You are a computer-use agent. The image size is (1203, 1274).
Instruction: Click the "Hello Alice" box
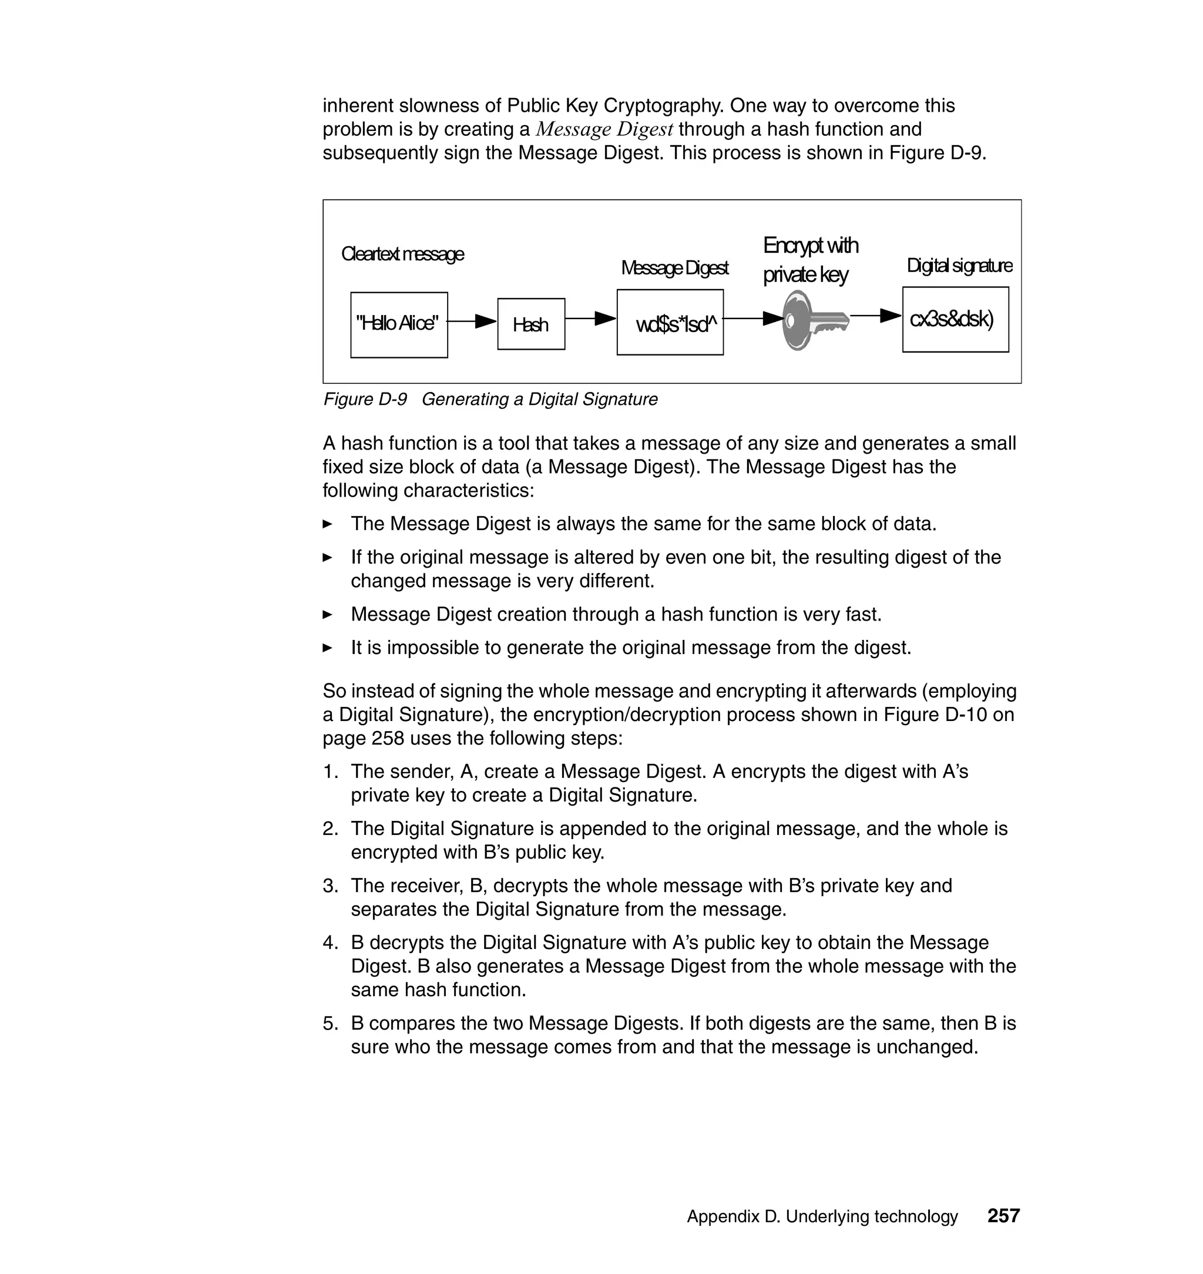399,324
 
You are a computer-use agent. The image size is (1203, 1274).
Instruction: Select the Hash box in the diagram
531,324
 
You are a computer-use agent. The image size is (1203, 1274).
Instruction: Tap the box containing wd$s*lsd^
670,322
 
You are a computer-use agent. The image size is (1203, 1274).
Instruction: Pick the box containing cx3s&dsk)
955,320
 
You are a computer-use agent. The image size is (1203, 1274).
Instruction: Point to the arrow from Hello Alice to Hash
471,321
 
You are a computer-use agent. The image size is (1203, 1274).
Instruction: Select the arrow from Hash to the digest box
590,318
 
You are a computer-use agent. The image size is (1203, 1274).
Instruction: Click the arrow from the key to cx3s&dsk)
876,316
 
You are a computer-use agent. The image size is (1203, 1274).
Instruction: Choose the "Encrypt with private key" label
810,260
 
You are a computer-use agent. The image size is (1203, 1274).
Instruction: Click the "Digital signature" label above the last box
959,266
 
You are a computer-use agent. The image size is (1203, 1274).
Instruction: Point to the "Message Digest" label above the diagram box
674,267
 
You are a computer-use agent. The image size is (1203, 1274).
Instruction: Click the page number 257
1003,1216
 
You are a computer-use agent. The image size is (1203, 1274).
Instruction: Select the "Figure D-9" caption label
365,400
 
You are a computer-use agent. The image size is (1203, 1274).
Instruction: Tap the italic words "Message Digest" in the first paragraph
604,130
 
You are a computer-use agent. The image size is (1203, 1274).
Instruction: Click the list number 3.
330,886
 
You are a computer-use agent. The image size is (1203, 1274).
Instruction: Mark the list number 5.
330,1023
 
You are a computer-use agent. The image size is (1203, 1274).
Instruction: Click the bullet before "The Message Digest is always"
328,524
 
